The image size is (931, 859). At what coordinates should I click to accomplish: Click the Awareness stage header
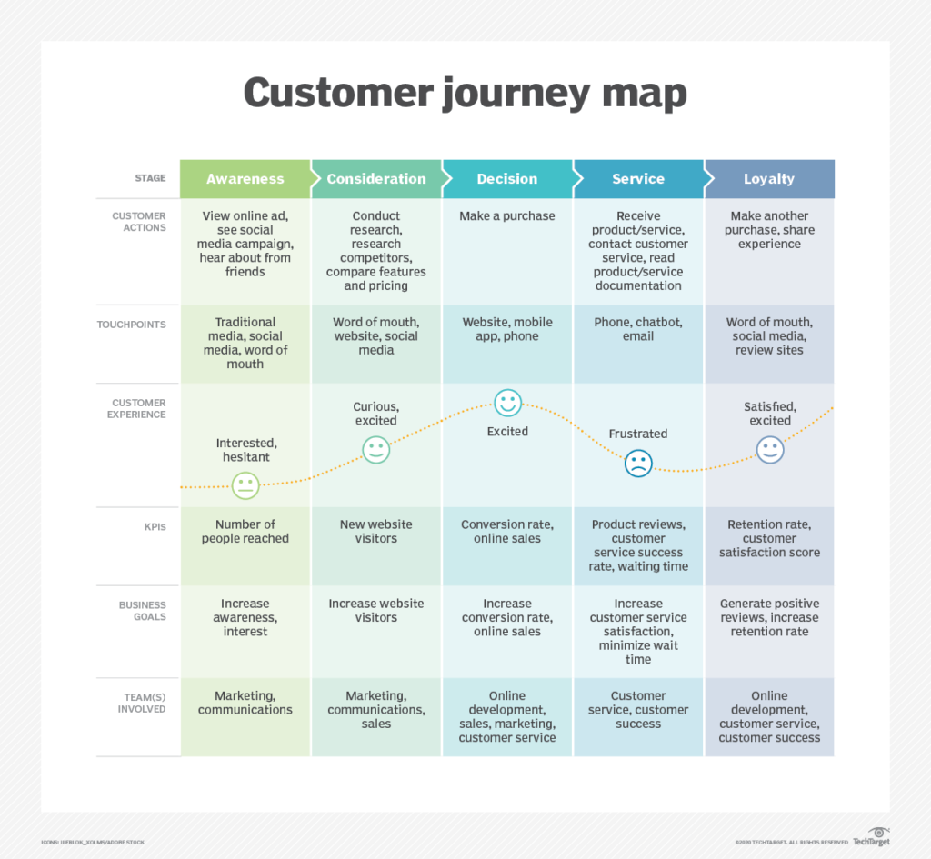click(245, 179)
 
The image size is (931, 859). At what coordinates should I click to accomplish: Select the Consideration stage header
click(376, 179)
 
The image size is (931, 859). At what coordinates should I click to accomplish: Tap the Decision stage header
click(507, 179)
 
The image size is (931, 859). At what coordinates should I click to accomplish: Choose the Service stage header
click(638, 179)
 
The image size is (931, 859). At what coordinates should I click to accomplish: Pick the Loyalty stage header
click(769, 179)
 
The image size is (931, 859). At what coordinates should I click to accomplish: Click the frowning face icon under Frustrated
click(638, 464)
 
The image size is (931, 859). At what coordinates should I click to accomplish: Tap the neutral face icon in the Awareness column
click(245, 485)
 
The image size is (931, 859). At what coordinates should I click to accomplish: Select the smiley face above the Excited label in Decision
click(507, 403)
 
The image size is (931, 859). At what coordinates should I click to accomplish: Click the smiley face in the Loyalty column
click(770, 449)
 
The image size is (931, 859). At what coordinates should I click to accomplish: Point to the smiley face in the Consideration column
click(376, 449)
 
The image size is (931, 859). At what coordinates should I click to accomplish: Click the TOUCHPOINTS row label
click(132, 325)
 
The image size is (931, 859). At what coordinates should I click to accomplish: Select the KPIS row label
click(155, 527)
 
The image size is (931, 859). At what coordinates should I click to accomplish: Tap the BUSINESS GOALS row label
click(142, 611)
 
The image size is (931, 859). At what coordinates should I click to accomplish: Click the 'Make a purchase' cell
click(507, 216)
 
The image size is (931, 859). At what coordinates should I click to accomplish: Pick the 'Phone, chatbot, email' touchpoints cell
click(638, 329)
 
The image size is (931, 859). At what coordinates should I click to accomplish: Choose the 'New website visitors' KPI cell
click(376, 532)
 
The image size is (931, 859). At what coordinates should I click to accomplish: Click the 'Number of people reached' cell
click(245, 532)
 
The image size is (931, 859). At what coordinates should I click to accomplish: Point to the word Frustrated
click(638, 434)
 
